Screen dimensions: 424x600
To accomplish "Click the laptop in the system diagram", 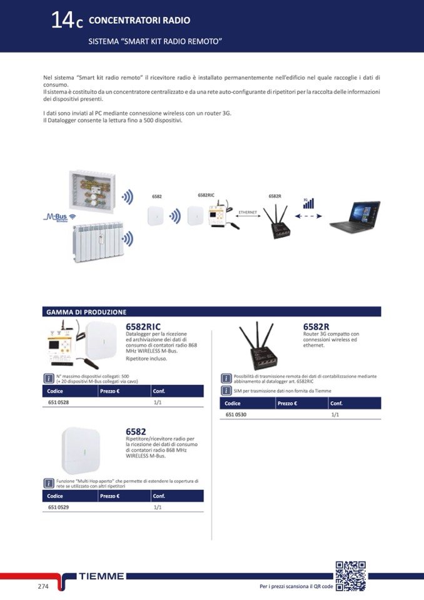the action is click(x=355, y=216).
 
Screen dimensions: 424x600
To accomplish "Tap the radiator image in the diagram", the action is click(x=99, y=242).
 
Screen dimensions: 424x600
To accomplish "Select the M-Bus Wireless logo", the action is click(x=59, y=217).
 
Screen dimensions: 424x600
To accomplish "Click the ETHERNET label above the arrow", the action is click(x=248, y=212).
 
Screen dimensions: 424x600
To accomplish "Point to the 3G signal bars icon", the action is click(x=308, y=203).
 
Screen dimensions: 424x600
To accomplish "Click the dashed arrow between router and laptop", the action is click(x=308, y=216).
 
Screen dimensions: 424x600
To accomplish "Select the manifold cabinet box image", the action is click(x=92, y=191).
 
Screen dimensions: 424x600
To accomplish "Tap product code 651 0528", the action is click(x=59, y=402).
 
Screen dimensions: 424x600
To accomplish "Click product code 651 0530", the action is click(x=236, y=414).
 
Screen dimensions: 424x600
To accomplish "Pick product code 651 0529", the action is click(x=59, y=507).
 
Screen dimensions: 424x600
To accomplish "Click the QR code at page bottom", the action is click(x=351, y=576).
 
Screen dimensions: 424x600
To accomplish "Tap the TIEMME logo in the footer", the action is click(x=101, y=576).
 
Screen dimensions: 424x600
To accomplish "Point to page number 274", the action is click(x=43, y=586).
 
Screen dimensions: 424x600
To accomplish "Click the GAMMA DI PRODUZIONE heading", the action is click(x=86, y=312).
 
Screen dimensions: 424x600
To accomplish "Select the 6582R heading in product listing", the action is click(x=316, y=327).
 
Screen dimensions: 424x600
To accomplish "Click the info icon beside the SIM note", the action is click(x=226, y=390).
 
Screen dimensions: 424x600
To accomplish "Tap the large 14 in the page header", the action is click(x=63, y=20).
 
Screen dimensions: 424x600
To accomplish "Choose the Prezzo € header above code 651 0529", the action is click(x=110, y=496).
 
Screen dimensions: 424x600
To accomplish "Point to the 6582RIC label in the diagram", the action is click(x=206, y=195).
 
